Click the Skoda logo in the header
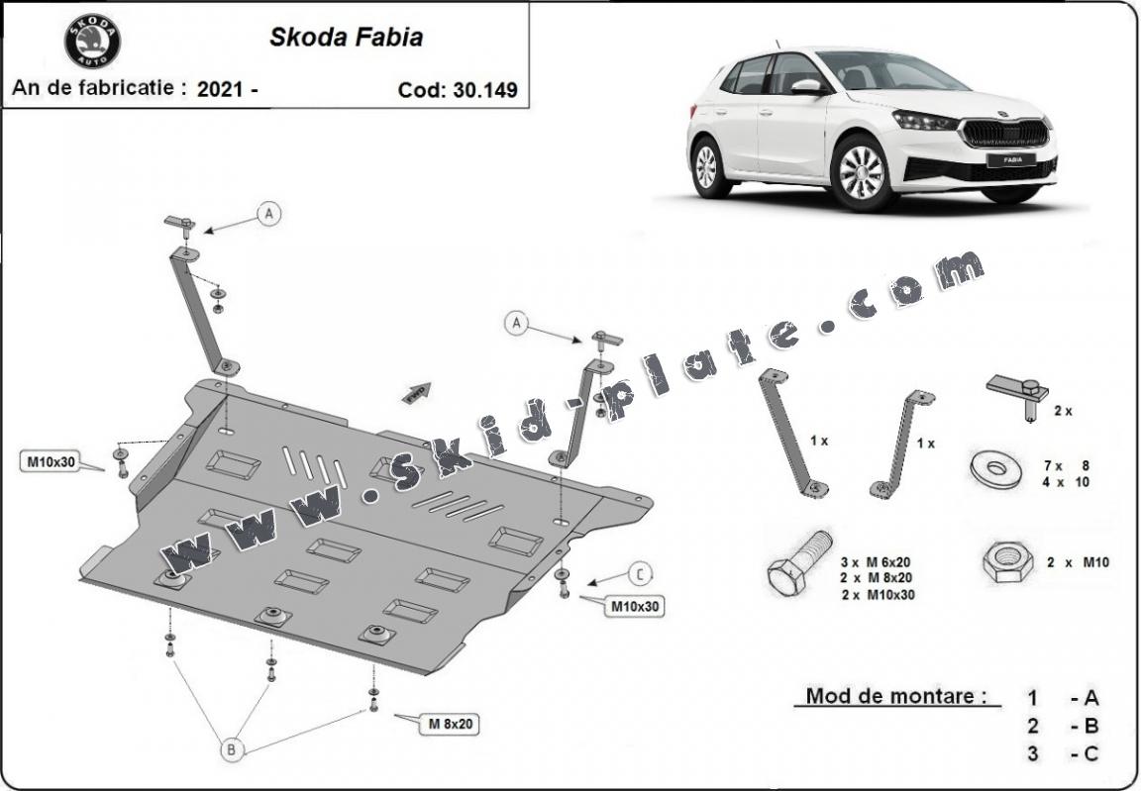(x=92, y=42)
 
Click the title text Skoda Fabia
(x=346, y=38)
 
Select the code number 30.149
(x=486, y=90)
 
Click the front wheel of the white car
(x=862, y=172)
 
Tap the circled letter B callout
(x=231, y=749)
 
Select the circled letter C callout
(x=641, y=573)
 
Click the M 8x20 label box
(x=448, y=725)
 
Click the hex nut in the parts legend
(x=1006, y=562)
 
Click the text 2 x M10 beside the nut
(x=1078, y=562)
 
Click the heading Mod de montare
(x=896, y=695)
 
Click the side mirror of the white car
(x=806, y=87)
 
